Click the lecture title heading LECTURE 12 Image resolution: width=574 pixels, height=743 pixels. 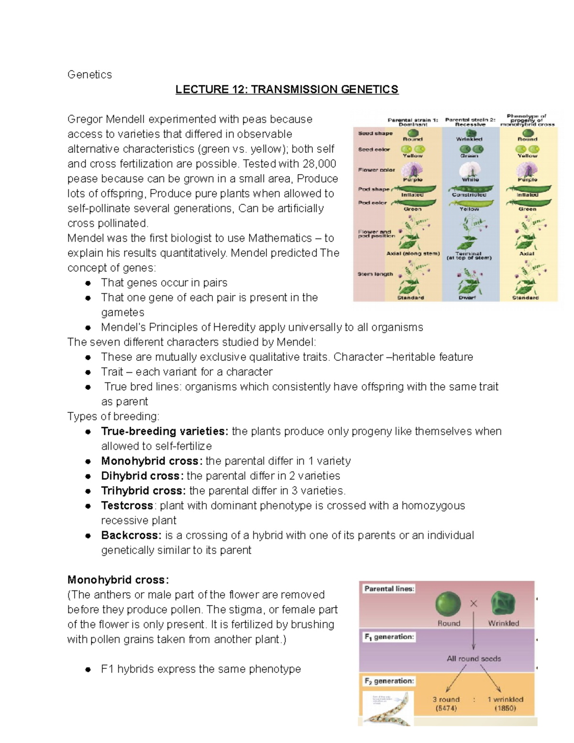coord(287,89)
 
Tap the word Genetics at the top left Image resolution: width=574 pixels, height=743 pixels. coord(89,75)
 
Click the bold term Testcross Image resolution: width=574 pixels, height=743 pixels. coord(127,506)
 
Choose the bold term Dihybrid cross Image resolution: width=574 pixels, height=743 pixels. coord(142,476)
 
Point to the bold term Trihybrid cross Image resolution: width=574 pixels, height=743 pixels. coord(143,491)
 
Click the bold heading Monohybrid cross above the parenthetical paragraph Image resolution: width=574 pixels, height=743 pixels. coord(118,580)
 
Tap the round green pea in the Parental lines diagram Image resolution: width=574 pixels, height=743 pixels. coord(448,604)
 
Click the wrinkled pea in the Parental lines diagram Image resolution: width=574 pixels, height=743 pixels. coord(503,604)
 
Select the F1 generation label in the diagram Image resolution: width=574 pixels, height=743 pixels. coord(389,637)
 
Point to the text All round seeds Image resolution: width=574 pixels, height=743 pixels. coord(474,659)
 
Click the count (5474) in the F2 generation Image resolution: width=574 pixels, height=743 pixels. coord(446,708)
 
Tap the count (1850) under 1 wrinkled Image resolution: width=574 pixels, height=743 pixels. coord(505,708)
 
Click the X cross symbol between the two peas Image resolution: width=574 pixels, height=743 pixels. coord(474,604)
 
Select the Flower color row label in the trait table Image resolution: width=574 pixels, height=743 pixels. coord(376,170)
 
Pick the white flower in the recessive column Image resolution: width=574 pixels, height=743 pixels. coord(469,170)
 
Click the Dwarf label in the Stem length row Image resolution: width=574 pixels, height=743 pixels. coord(467,298)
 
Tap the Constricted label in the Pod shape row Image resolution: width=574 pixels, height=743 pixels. coord(469,195)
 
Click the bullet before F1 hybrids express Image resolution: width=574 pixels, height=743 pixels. coord(88,669)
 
